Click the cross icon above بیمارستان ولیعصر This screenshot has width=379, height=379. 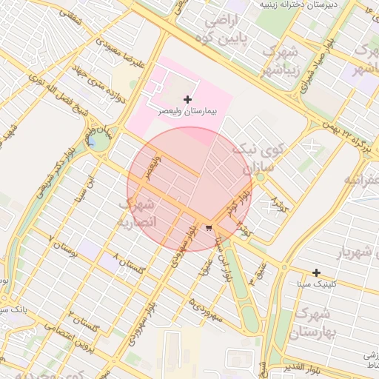pos(187,99)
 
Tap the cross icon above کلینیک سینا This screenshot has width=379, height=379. pos(316,273)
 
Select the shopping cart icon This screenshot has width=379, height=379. pos(209,227)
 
